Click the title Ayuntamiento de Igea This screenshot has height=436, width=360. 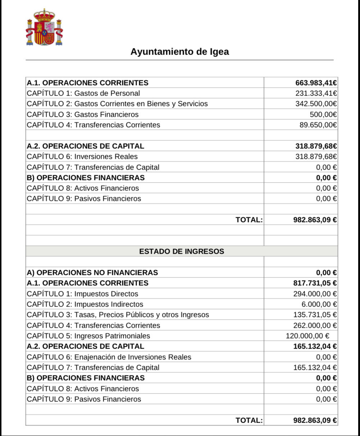[x=179, y=52]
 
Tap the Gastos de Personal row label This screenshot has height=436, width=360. [x=83, y=93]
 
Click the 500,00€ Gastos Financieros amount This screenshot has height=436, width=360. [x=323, y=115]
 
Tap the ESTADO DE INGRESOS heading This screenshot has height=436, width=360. [x=182, y=251]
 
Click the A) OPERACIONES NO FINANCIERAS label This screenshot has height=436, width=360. [x=92, y=272]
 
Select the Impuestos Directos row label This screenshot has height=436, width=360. [x=82, y=294]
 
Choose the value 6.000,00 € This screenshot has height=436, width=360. [x=319, y=304]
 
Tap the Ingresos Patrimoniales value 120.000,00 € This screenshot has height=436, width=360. [x=307, y=336]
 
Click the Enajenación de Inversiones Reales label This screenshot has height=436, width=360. [x=109, y=357]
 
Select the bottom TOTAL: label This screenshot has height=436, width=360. [x=249, y=420]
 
